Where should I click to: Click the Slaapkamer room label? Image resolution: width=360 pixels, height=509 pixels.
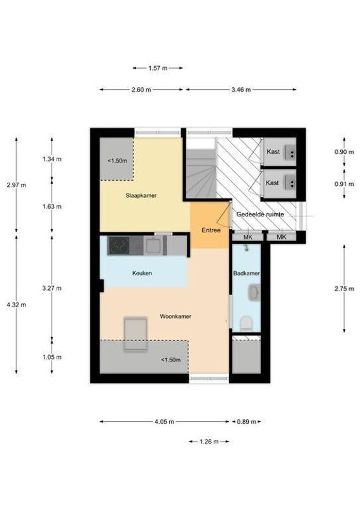tap(141, 195)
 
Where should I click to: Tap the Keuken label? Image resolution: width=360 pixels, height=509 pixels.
tap(142, 274)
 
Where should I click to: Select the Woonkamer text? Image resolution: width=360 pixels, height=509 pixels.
tap(176, 316)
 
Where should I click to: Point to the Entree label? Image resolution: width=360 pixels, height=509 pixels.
tap(211, 230)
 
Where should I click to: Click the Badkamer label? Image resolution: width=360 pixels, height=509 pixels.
tap(246, 274)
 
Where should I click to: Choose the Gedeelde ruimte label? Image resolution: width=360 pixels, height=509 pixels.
tap(260, 214)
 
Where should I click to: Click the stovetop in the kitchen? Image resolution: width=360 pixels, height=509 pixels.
tap(119, 246)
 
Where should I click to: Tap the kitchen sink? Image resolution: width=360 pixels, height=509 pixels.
tap(154, 246)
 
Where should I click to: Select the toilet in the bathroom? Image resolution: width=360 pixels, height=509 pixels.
tap(246, 323)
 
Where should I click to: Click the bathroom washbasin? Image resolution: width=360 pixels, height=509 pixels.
tap(254, 293)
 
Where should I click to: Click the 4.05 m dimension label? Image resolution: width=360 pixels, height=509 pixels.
tap(164, 422)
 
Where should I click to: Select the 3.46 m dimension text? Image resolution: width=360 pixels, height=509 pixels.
tap(241, 90)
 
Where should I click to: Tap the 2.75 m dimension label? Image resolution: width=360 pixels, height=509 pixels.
tap(344, 289)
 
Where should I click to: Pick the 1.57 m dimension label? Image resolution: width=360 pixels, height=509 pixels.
tap(158, 68)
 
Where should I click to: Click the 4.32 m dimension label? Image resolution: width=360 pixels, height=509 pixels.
tap(17, 305)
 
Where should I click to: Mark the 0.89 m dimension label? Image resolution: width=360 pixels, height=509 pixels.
tap(246, 422)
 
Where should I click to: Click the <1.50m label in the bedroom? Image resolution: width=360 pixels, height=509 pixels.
tap(117, 161)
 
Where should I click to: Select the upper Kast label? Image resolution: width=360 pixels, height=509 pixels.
tap(273, 151)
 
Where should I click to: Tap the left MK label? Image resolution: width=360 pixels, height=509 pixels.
tap(247, 237)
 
